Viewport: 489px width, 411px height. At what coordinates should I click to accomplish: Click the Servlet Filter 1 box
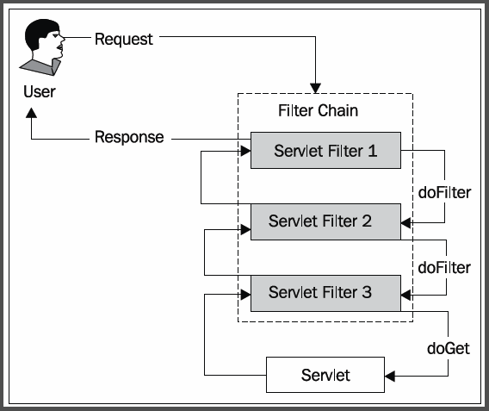point(325,151)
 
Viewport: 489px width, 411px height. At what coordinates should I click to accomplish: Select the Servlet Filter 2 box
point(325,222)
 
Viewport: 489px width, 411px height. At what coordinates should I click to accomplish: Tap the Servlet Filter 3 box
point(325,293)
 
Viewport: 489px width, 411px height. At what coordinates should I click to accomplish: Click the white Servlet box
point(325,375)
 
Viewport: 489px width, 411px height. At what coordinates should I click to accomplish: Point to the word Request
point(124,40)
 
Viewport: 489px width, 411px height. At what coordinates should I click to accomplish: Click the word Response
point(129,137)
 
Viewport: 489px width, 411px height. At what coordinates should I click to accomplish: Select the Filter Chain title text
point(318,110)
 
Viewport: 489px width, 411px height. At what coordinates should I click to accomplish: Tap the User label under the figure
point(40,91)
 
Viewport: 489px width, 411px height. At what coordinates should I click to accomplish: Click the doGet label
point(449,349)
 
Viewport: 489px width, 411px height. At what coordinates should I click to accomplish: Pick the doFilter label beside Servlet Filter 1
point(444,192)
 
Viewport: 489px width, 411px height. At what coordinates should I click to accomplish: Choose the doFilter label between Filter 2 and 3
point(444,268)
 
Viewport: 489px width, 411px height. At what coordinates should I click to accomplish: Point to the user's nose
point(62,39)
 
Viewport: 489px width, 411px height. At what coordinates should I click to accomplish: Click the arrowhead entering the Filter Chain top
point(316,88)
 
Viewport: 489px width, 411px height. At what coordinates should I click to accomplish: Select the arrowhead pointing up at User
point(31,113)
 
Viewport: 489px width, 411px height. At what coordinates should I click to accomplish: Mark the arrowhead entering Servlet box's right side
point(390,376)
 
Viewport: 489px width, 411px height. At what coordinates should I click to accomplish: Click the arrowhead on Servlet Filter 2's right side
point(406,223)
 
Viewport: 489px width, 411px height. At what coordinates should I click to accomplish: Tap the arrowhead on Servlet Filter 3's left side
point(245,295)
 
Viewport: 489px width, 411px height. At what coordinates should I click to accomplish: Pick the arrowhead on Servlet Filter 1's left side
point(245,151)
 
